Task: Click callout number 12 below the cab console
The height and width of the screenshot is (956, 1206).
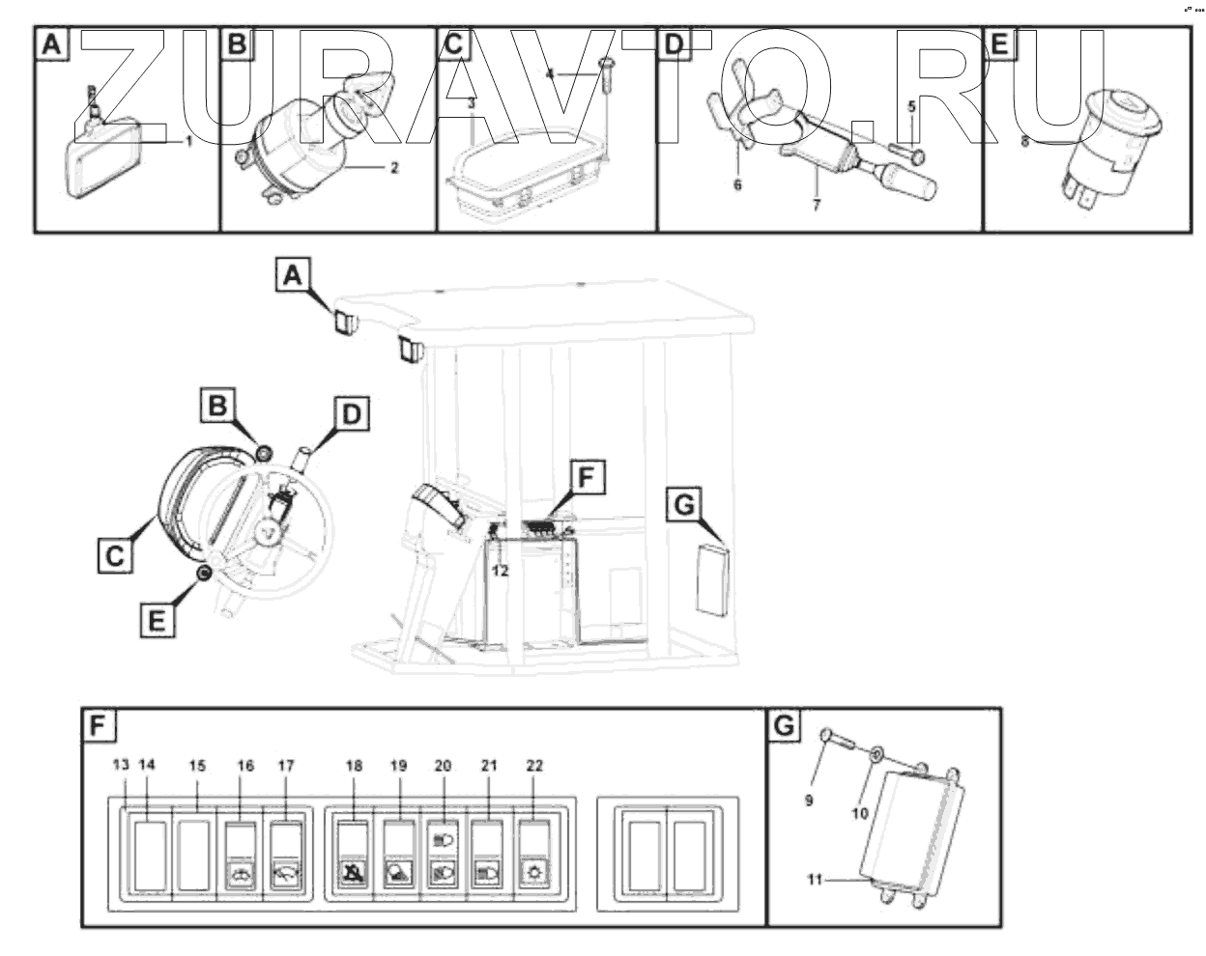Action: coord(499,570)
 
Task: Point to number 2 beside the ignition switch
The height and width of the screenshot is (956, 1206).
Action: coord(394,167)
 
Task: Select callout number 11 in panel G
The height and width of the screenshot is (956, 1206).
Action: coord(816,879)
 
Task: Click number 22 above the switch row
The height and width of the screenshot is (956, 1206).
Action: coord(534,766)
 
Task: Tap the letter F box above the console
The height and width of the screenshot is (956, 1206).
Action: coord(583,477)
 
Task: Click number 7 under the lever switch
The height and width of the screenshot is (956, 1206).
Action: coord(817,206)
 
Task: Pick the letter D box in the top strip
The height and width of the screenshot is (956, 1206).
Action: coord(674,44)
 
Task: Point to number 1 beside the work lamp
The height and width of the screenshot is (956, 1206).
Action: coord(189,141)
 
